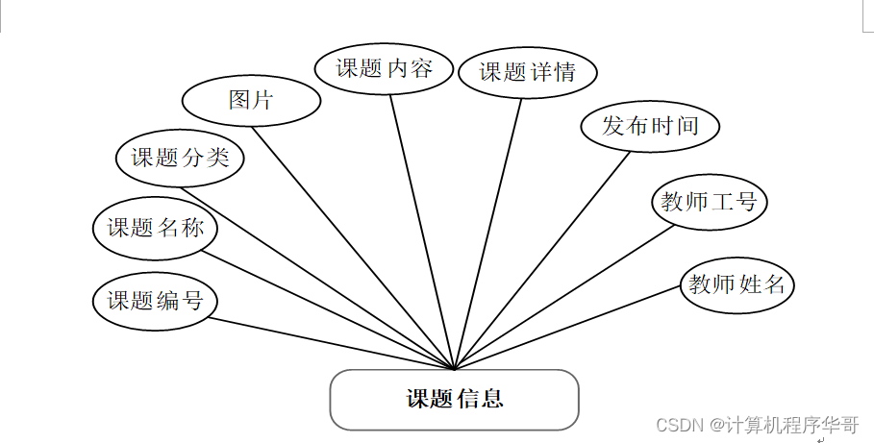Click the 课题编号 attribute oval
pyautogui.click(x=155, y=301)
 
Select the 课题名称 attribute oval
pyautogui.click(x=155, y=229)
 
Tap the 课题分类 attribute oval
pyautogui.click(x=180, y=157)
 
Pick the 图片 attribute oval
pyautogui.click(x=251, y=100)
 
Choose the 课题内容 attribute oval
pyautogui.click(x=384, y=68)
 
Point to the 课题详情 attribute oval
pyautogui.click(x=528, y=72)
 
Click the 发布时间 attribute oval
pyautogui.click(x=650, y=126)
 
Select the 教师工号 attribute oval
pyautogui.click(x=710, y=202)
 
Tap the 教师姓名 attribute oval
pyautogui.click(x=737, y=284)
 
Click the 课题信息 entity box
pyautogui.click(x=454, y=399)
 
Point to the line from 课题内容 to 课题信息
pyautogui.click(x=421, y=231)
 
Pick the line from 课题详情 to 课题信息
pyautogui.click(x=488, y=233)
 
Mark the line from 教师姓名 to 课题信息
pyautogui.click(x=567, y=328)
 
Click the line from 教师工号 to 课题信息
pyautogui.click(x=563, y=297)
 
